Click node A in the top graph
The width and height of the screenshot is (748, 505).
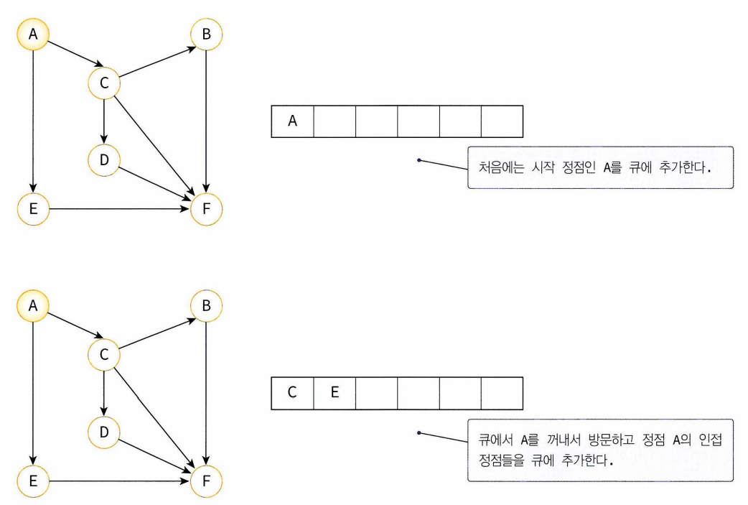click(33, 34)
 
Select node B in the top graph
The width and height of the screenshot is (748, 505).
click(207, 34)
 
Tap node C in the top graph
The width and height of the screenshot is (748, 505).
click(104, 84)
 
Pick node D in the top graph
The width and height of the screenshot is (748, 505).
click(104, 159)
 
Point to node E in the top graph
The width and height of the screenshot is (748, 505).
click(33, 210)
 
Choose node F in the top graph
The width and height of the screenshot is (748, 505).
click(207, 210)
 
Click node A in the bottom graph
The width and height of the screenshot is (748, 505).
click(33, 305)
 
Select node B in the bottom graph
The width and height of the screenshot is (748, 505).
click(207, 305)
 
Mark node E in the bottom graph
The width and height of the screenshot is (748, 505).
click(33, 481)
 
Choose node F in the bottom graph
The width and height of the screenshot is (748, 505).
click(207, 481)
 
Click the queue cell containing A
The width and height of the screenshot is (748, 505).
click(292, 121)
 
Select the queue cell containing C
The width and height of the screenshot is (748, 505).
click(292, 392)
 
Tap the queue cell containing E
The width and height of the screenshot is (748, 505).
click(334, 392)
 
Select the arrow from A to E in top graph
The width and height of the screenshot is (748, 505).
click(33, 122)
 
